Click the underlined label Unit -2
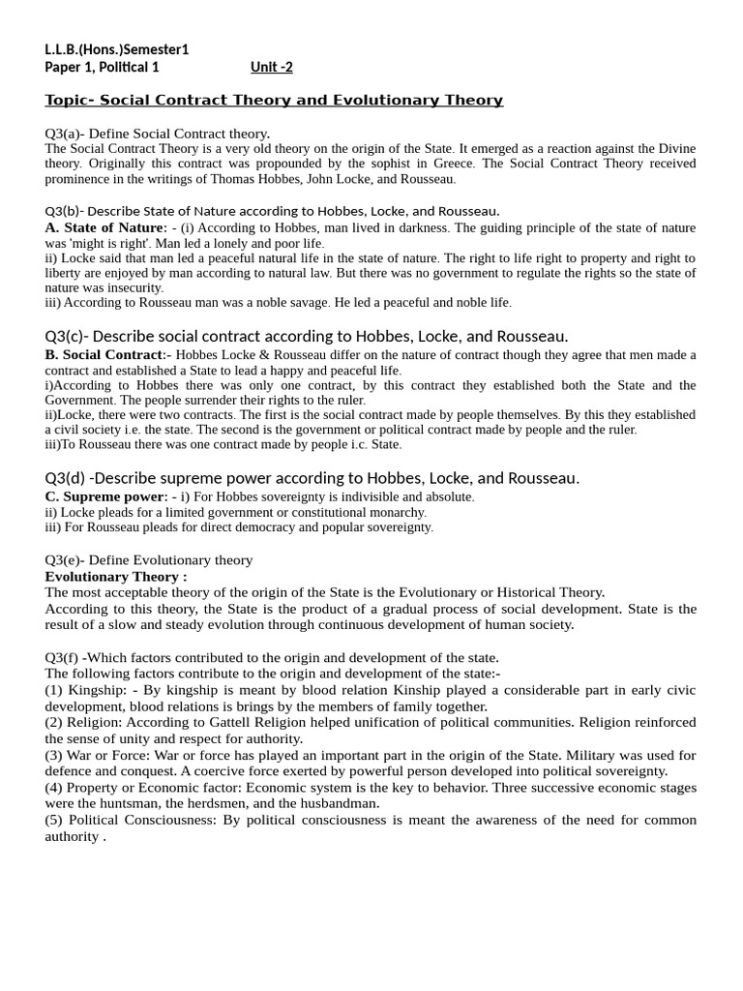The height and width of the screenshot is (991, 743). coord(271,67)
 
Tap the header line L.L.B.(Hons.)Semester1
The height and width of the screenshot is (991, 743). coord(117,49)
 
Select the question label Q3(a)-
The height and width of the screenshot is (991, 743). coord(66,134)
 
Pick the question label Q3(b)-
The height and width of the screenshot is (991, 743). coord(66,211)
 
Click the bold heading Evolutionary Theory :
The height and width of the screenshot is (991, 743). coord(116,577)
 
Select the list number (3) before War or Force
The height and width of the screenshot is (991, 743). coord(55,755)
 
